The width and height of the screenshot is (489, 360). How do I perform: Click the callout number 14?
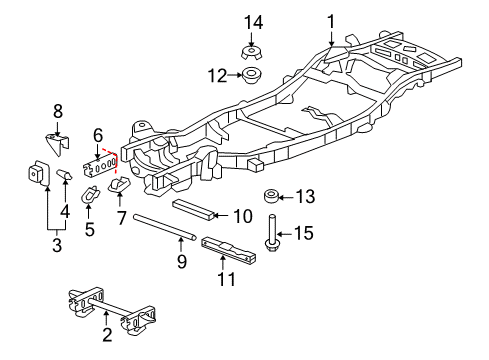[x=254, y=23]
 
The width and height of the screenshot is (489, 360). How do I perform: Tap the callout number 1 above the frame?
[x=331, y=22]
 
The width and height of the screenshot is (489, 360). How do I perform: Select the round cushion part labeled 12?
[x=252, y=76]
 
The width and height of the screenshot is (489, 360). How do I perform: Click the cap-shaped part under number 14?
[x=251, y=53]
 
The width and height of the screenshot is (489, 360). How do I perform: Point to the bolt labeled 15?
[x=272, y=234]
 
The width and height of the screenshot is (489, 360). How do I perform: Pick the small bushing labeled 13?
[x=271, y=196]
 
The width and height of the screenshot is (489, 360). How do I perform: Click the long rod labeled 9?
[x=165, y=227]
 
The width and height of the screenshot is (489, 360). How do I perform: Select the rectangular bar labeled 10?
[x=194, y=209]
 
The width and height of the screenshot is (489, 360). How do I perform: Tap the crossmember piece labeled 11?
[x=229, y=250]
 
